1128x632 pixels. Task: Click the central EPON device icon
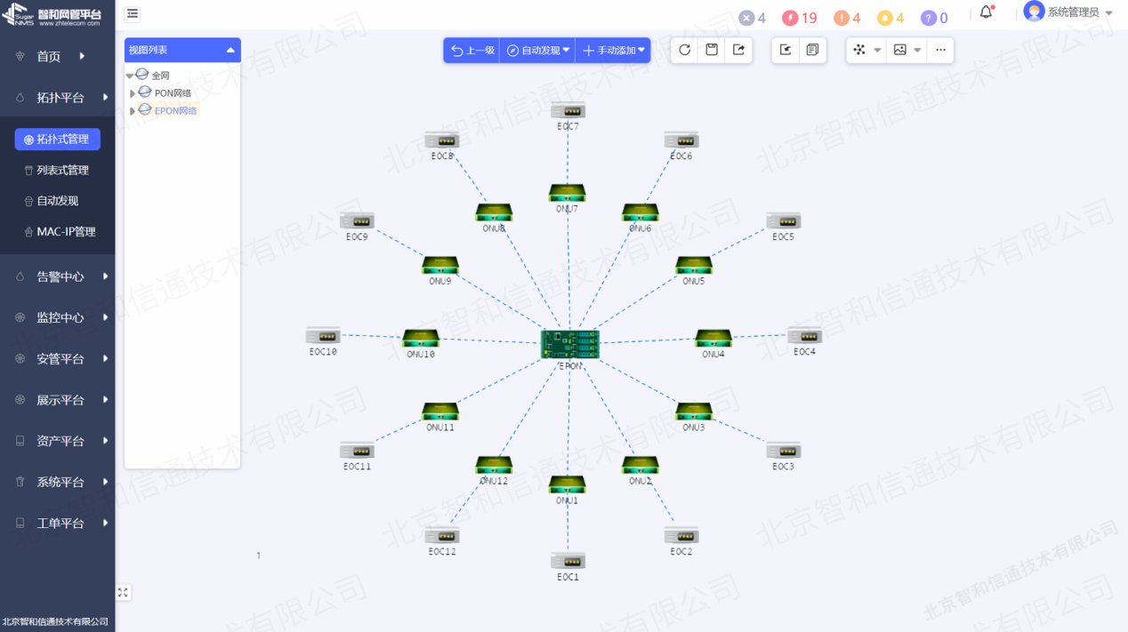(569, 344)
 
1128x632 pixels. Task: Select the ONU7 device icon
(567, 193)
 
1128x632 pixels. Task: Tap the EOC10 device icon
(323, 336)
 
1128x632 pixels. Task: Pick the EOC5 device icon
(784, 221)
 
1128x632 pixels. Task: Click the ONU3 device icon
(693, 412)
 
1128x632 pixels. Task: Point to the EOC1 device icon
(568, 561)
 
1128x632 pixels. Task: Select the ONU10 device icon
(421, 338)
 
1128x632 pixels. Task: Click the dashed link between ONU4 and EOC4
(760, 336)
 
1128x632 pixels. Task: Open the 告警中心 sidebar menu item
(60, 276)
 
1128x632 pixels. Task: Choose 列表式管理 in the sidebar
(62, 170)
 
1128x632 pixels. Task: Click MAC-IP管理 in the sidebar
(66, 231)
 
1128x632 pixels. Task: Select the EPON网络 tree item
(175, 110)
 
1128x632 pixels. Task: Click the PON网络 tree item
(173, 92)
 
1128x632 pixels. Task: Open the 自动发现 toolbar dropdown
(538, 51)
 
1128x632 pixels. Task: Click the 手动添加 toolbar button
(613, 51)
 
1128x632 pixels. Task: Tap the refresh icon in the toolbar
(684, 50)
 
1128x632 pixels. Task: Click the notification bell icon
(986, 12)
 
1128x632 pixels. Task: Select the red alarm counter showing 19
(800, 18)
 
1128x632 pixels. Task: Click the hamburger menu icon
(133, 13)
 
